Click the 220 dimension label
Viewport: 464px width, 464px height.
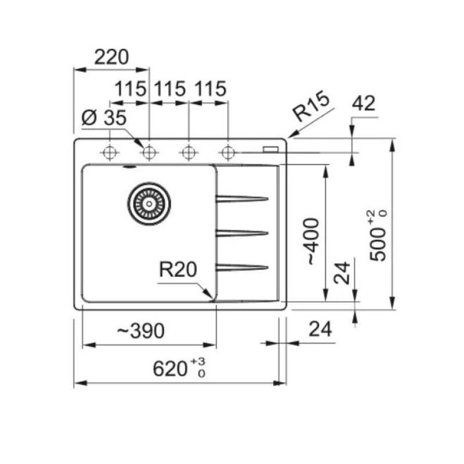[111, 57]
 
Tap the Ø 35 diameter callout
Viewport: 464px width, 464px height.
[104, 118]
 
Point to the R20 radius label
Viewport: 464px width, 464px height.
[178, 269]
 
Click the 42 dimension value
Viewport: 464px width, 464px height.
[364, 103]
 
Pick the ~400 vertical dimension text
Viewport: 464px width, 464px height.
[313, 241]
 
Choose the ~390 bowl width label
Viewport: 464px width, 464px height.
[141, 331]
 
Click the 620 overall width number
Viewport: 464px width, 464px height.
[171, 369]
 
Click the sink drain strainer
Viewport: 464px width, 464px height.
[149, 204]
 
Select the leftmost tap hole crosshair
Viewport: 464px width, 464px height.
[110, 153]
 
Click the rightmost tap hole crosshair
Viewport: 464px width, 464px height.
[228, 153]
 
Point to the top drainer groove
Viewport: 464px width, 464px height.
[242, 198]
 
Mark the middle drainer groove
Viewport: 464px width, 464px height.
[242, 234]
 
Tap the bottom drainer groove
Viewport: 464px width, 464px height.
[242, 268]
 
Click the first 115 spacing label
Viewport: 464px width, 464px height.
[130, 89]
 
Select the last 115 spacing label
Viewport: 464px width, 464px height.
[211, 89]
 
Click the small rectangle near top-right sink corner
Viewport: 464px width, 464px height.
[270, 150]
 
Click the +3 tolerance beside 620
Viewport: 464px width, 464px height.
[198, 362]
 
